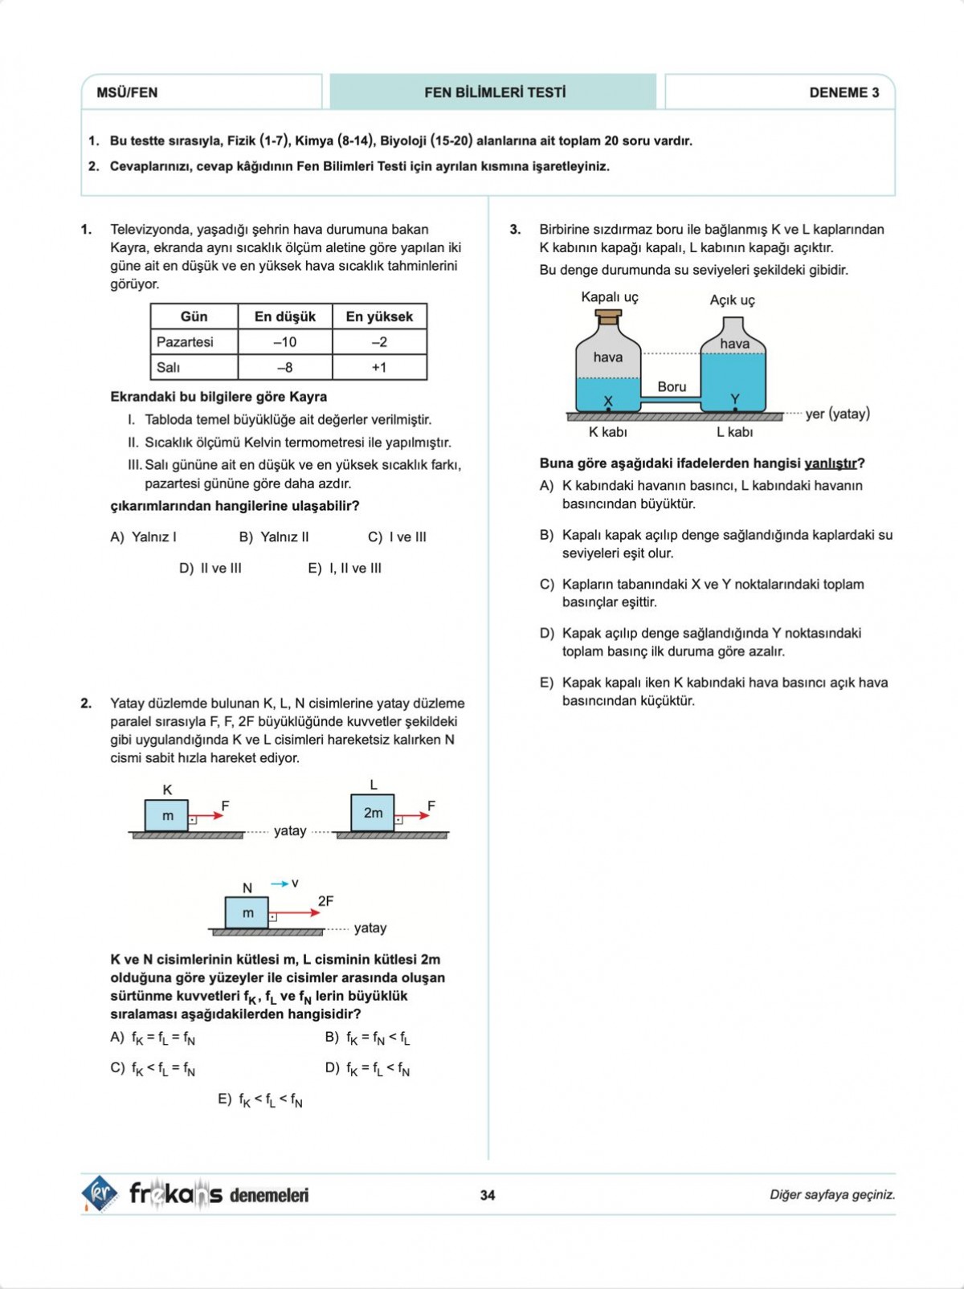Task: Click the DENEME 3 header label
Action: coord(843,92)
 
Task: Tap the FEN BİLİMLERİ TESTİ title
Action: coord(494,92)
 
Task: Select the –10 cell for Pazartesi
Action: coord(284,342)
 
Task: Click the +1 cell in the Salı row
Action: coord(379,368)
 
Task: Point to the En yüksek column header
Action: coord(379,316)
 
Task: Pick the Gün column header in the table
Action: coord(194,316)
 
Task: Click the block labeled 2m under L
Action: coord(373,813)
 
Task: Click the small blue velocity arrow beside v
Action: coord(279,883)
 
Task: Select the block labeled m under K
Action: coord(167,815)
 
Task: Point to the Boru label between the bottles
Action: coord(672,386)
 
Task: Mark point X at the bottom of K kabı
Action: coord(608,409)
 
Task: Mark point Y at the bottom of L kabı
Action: coord(735,409)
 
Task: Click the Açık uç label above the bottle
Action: coord(732,300)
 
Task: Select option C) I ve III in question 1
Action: coord(397,537)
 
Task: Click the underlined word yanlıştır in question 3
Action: coord(830,463)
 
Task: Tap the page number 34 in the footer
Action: coord(488,1195)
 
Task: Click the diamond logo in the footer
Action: coord(100,1193)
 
